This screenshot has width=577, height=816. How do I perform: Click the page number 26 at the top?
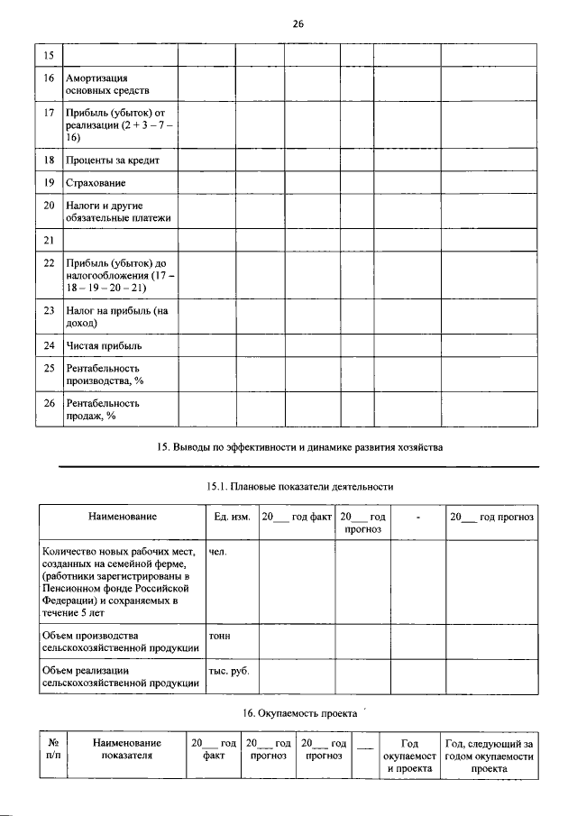click(x=298, y=24)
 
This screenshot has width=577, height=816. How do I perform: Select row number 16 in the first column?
click(x=50, y=79)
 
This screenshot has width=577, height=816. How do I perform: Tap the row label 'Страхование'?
click(x=96, y=183)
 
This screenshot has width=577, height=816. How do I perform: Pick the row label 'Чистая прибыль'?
click(x=105, y=345)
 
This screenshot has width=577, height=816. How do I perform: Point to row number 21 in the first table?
click(x=50, y=240)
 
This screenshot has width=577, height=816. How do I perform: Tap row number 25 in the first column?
click(x=50, y=368)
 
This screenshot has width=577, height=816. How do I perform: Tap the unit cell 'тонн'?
click(x=219, y=635)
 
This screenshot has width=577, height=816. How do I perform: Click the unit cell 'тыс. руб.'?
click(x=229, y=671)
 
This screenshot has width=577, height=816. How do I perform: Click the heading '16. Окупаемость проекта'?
click(x=297, y=713)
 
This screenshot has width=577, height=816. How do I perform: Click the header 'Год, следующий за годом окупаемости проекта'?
click(x=490, y=756)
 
